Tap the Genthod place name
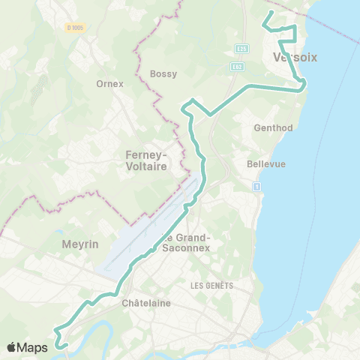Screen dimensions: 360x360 tap(274, 127)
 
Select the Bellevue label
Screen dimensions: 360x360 tap(266, 163)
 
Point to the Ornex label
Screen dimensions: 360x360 tap(109, 83)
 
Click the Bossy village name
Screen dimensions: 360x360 tap(163, 73)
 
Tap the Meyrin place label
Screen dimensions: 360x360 tap(76, 244)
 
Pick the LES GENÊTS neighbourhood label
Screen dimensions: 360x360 tap(212, 286)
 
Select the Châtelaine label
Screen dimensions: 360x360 tap(146, 303)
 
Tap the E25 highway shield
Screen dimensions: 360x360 tap(241, 49)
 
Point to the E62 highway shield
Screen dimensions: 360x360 tap(237, 66)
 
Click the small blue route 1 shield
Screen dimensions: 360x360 tap(256, 186)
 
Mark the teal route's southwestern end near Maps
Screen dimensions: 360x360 tap(64, 346)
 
